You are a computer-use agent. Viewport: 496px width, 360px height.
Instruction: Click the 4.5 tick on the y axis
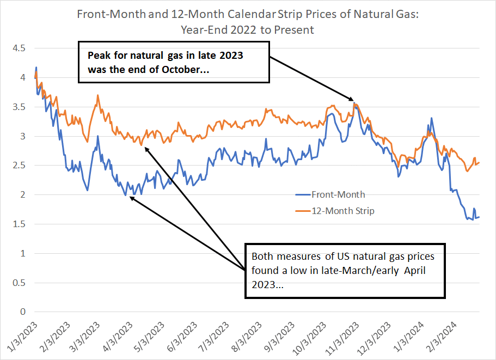(19, 48)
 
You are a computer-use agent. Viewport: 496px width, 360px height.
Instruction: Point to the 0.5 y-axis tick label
(19, 282)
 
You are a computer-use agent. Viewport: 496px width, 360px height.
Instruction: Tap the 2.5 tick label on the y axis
(19, 165)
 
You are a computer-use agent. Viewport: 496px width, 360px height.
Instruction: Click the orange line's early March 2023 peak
(97, 95)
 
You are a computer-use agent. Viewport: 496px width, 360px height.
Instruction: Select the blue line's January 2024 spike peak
(432, 118)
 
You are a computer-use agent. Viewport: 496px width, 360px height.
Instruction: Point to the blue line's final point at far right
(479, 217)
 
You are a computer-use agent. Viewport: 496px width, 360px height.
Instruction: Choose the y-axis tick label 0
(22, 312)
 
